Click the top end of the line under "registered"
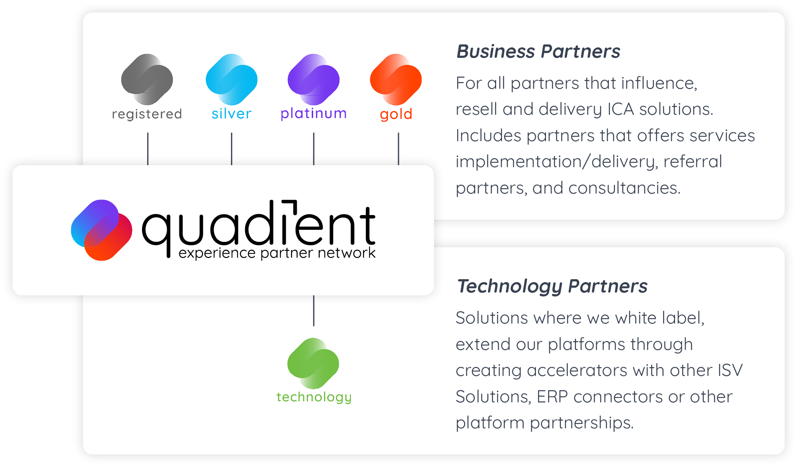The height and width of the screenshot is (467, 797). [148, 133]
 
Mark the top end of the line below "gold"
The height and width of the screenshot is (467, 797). [398, 133]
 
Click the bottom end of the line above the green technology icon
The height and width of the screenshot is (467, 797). [314, 326]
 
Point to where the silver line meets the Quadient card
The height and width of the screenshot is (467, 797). [232, 165]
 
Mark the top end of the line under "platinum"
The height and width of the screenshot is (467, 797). [314, 133]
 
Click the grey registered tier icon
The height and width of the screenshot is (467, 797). [147, 79]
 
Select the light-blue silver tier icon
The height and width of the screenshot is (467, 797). [232, 79]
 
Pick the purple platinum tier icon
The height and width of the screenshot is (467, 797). [314, 79]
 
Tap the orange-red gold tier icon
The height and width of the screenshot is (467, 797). [396, 79]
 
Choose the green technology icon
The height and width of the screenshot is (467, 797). [313, 363]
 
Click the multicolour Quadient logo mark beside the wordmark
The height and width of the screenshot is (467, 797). [101, 230]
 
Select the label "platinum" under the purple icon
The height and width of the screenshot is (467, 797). [314, 114]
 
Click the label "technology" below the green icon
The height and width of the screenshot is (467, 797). [314, 397]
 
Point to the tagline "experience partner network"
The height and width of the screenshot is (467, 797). [277, 253]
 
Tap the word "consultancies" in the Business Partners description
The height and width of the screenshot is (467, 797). [624, 188]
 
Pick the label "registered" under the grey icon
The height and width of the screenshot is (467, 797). [147, 114]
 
